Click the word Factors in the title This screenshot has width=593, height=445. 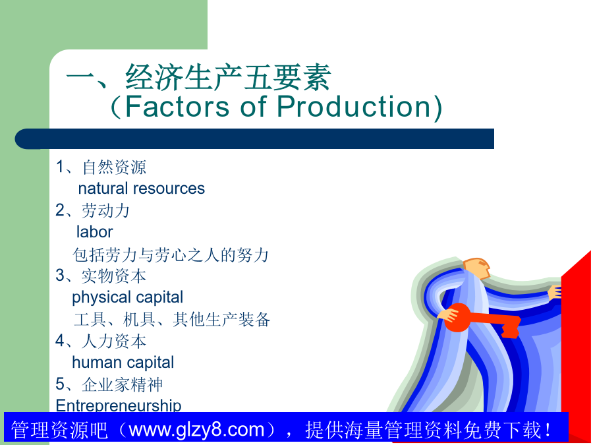pyautogui.click(x=177, y=106)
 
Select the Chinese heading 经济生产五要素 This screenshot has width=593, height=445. pyautogui.click(x=229, y=77)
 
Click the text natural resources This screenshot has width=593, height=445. pyautogui.click(x=141, y=189)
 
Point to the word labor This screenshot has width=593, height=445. pyautogui.click(x=94, y=232)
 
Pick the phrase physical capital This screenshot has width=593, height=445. pyautogui.click(x=127, y=298)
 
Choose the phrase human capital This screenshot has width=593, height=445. pyautogui.click(x=123, y=363)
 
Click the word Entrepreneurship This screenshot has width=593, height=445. pyautogui.click(x=119, y=405)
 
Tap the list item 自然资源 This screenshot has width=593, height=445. pyautogui.click(x=114, y=167)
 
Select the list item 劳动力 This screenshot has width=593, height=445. pyautogui.click(x=106, y=210)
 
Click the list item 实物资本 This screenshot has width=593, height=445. pyautogui.click(x=114, y=276)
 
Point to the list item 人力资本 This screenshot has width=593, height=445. pyautogui.click(x=114, y=341)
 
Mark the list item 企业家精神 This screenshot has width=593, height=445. pyautogui.click(x=122, y=384)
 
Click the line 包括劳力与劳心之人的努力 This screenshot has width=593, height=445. pyautogui.click(x=171, y=254)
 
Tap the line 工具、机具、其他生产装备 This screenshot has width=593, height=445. pyautogui.click(x=172, y=319)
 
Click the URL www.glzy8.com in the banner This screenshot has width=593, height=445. pyautogui.click(x=196, y=430)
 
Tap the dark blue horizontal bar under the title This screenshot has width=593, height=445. pyautogui.click(x=254, y=138)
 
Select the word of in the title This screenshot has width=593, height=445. pyautogui.click(x=254, y=106)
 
